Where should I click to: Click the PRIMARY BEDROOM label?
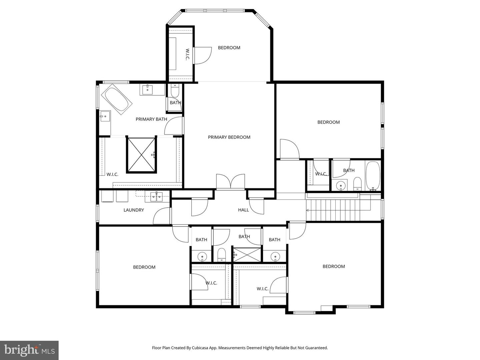click(x=229, y=137)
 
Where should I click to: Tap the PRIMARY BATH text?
click(x=151, y=119)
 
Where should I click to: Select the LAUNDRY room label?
click(x=134, y=210)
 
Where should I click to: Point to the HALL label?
click(x=243, y=210)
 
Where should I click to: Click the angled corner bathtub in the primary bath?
click(x=117, y=99)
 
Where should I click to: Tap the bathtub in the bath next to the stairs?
click(x=373, y=176)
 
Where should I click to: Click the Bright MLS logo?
click(x=29, y=350)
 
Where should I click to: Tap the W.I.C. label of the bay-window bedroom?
click(x=187, y=54)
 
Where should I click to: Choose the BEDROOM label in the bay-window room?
click(x=229, y=48)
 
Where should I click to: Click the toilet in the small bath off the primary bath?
click(x=175, y=90)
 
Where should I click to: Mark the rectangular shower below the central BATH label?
click(x=247, y=255)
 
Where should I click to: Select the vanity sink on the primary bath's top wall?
click(x=147, y=89)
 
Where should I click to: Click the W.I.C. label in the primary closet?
click(x=112, y=174)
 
